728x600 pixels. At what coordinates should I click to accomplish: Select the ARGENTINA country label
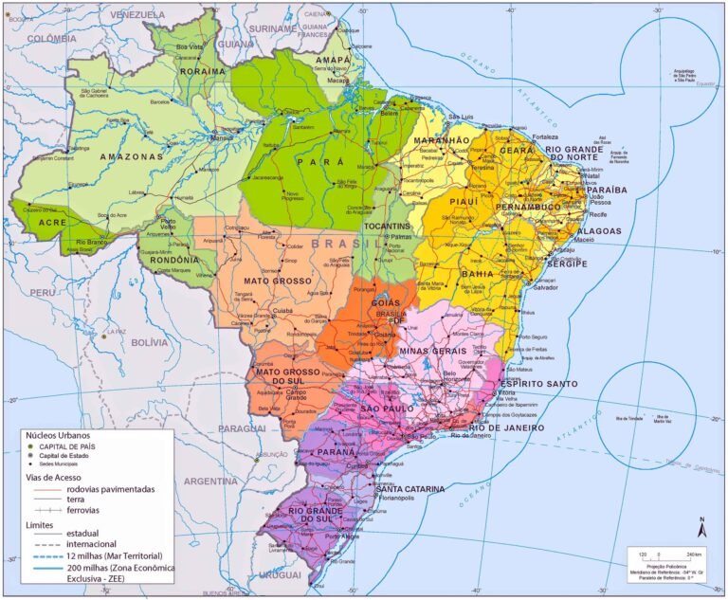[x=210, y=482]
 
